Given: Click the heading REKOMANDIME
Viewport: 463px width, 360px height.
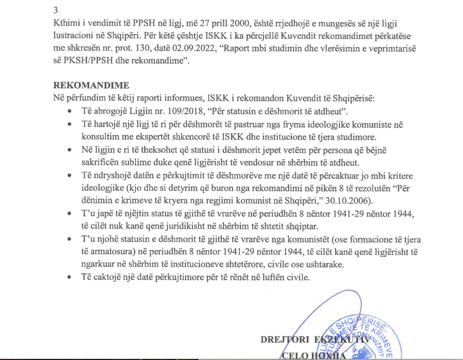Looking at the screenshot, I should [x=91, y=86].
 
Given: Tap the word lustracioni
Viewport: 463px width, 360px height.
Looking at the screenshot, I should [x=73, y=36].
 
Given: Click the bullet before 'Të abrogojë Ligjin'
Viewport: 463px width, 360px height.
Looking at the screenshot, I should [x=69, y=111].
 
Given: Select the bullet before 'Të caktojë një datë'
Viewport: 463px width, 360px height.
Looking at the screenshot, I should [x=69, y=278].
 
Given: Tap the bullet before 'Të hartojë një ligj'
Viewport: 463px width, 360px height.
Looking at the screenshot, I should [x=69, y=124].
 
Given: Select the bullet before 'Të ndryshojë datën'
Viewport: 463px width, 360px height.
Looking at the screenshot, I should [x=69, y=176].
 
